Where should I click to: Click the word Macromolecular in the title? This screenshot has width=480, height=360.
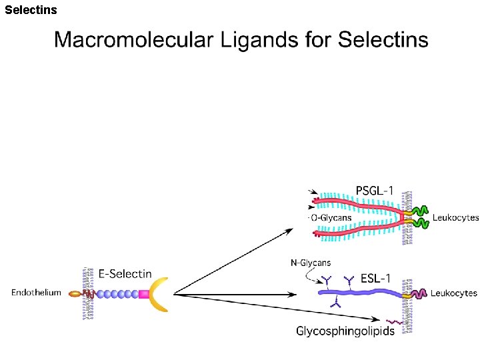coord(131,39)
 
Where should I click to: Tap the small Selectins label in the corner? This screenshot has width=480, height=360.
coord(31,10)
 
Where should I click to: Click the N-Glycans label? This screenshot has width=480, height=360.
coord(311,263)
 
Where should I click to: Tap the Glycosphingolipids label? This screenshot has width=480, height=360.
coord(345,331)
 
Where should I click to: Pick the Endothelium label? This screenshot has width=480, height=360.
coord(36,293)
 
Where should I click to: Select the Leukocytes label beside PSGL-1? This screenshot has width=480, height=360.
coord(455,217)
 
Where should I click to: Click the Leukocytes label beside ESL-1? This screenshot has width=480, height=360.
coord(454,293)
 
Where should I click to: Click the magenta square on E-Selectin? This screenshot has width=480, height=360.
coord(143,293)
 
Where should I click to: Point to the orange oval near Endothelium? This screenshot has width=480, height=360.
coord(75,293)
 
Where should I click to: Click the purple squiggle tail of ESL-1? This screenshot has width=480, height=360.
coord(419,294)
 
